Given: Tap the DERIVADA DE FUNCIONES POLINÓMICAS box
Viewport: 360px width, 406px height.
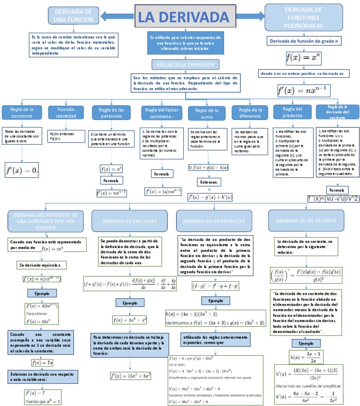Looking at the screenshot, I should [x=303, y=17].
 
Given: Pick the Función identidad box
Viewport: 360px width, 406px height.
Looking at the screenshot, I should [x=66, y=113].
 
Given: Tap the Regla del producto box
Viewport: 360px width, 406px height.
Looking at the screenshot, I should [x=290, y=113].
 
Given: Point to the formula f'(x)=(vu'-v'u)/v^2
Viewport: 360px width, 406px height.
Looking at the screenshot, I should [x=333, y=199].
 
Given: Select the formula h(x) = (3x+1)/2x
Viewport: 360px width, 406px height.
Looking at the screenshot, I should [x=306, y=357].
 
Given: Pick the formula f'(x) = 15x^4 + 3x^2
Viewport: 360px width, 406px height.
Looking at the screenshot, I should [x=129, y=375].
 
